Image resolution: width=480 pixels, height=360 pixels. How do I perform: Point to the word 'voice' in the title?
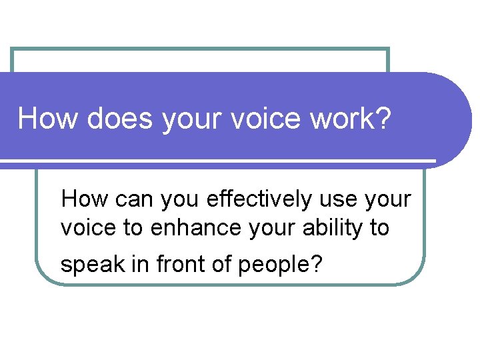click(x=256, y=119)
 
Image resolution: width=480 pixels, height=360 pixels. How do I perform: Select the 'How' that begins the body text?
click(x=81, y=199)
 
